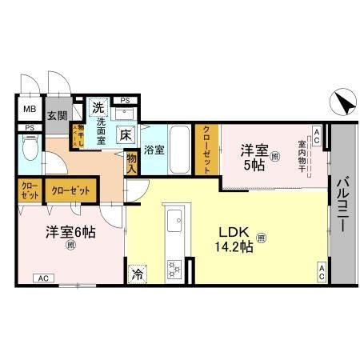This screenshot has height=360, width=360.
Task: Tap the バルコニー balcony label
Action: click(342, 203)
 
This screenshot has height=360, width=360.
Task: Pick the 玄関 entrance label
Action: click(57, 115)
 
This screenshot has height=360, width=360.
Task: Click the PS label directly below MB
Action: click(29, 128)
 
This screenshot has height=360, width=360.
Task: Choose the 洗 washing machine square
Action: click(98, 106)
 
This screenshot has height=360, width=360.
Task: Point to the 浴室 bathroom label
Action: click(154, 149)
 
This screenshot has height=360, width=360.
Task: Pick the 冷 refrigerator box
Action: click(136, 272)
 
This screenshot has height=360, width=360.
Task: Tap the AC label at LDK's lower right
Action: click(320, 271)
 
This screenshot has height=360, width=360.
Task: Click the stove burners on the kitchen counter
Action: click(174, 267)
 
